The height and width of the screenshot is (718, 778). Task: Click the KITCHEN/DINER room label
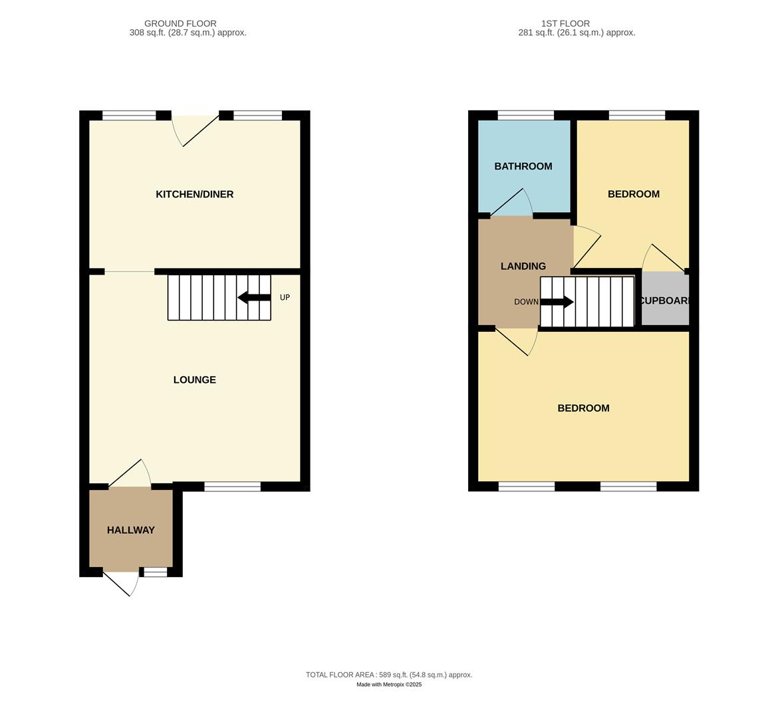pos(194,194)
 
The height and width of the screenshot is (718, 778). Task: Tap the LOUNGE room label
pos(194,380)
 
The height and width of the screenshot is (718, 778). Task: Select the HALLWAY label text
pos(131,530)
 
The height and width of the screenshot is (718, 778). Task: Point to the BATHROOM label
pos(523,166)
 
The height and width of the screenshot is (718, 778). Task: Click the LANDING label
pos(523,266)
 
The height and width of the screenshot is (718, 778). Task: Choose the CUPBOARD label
pos(664,300)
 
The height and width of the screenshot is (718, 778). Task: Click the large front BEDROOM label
pos(583,408)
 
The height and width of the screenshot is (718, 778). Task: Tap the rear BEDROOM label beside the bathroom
pos(633,194)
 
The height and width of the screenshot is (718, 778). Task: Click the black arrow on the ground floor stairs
pos(254,297)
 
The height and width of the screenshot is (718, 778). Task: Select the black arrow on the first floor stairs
pos(557,302)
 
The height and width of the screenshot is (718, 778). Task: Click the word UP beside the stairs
pos(285,297)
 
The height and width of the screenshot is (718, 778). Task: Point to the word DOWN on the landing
pos(526,302)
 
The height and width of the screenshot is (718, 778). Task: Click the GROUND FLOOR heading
pos(180,23)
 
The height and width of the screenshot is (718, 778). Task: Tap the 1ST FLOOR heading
pos(565,23)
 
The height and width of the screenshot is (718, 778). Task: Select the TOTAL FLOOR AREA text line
pos(389,674)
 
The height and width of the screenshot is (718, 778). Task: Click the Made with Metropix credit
pos(389,684)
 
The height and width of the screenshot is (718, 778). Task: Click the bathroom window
pos(525,116)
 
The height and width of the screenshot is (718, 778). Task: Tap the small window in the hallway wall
pos(156,572)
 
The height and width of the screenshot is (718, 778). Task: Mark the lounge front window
pos(232,487)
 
